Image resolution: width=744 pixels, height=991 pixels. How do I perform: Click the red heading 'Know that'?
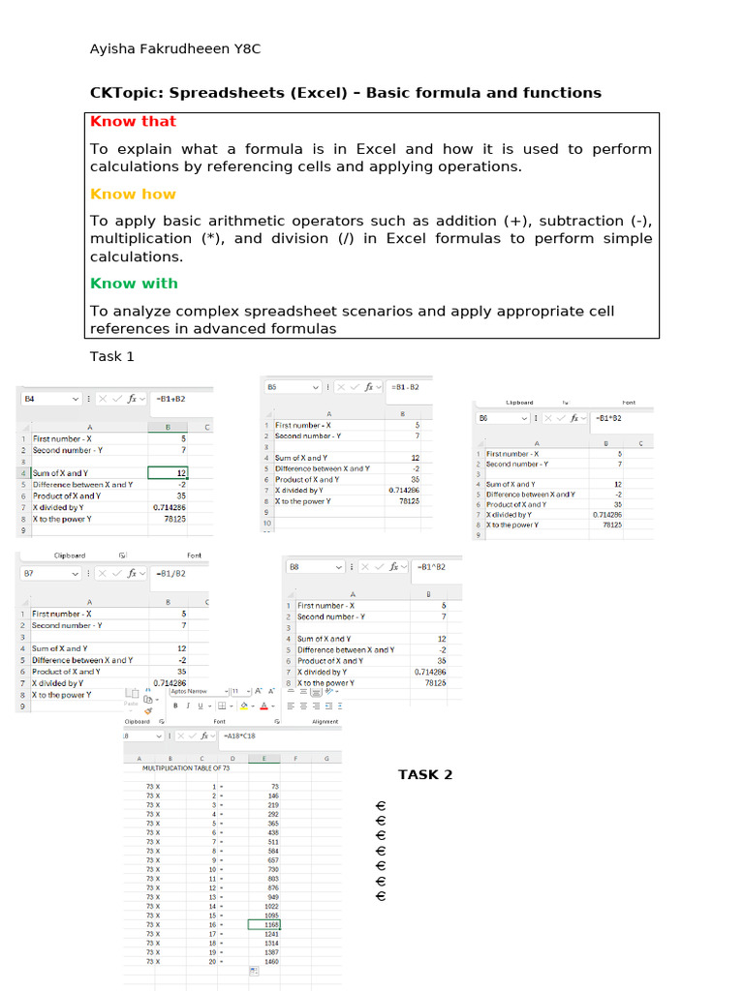(133, 122)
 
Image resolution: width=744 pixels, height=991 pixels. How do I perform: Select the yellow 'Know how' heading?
(133, 194)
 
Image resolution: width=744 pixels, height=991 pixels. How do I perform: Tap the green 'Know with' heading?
(134, 284)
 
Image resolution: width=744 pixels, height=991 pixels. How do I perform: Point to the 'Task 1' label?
(112, 356)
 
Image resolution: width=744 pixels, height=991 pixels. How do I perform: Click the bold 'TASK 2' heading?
(425, 774)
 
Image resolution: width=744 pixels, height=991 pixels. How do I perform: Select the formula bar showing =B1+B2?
(170, 398)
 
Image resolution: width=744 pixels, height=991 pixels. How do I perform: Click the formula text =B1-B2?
(406, 387)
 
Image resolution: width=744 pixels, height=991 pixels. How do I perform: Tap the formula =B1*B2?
(608, 418)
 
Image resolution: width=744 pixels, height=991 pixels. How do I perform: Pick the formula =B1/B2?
(170, 573)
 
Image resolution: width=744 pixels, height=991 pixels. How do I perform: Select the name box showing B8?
(310, 567)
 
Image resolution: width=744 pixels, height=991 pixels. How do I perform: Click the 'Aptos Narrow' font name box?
(194, 692)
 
